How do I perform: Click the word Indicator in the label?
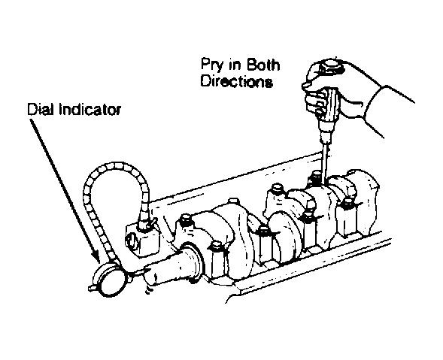click(90, 109)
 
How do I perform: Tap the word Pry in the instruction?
click(212, 65)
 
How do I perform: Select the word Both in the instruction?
click(263, 64)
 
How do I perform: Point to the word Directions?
click(237, 81)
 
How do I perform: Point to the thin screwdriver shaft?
click(324, 162)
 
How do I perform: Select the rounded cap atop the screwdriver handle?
click(330, 67)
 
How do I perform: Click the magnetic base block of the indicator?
click(142, 239)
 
